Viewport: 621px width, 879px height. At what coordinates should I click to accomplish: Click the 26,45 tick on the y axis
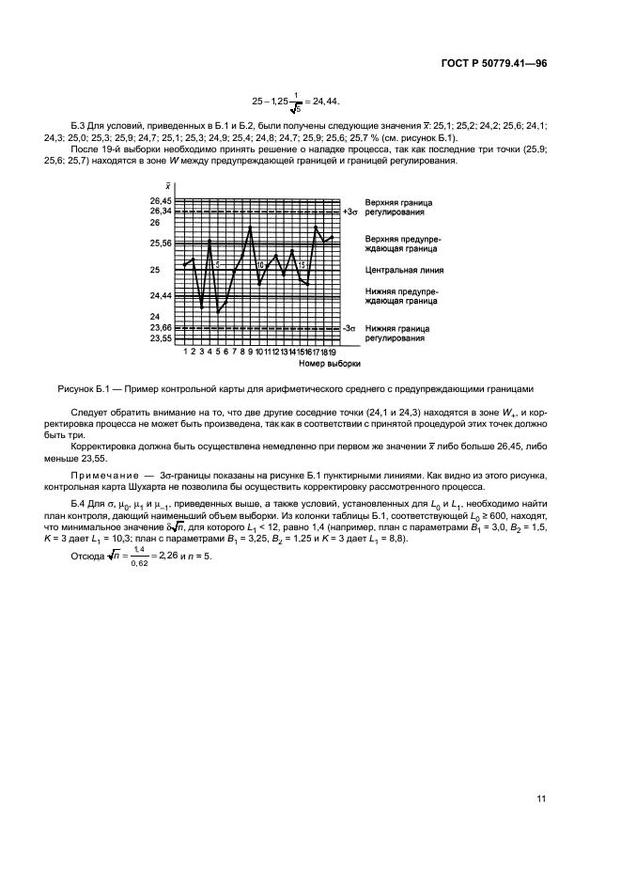161,201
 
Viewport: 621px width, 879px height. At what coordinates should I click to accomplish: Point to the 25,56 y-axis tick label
161,243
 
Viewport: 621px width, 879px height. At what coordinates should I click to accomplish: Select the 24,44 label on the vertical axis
161,295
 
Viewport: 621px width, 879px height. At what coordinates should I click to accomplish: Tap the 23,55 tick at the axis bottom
161,337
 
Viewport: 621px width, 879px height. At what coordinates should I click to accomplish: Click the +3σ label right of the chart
349,212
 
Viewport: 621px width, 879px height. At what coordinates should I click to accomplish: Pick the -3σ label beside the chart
349,327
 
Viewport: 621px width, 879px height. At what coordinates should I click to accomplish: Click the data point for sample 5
218,312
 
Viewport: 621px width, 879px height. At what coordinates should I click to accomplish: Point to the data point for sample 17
317,227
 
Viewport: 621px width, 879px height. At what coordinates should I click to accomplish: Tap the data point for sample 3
202,307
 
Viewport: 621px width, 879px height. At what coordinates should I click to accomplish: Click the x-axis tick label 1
185,351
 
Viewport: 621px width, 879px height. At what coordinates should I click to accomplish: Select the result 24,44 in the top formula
323,100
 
